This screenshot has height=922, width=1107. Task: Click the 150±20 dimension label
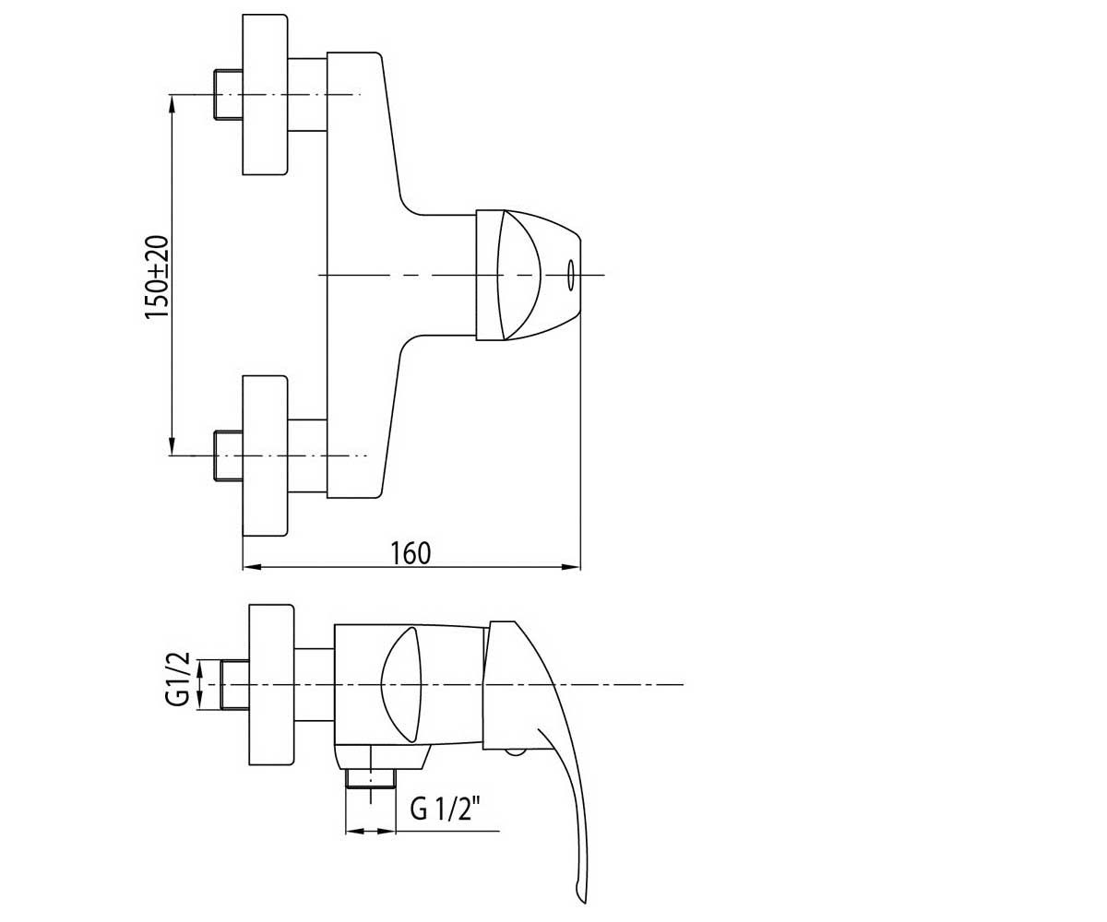coord(158,277)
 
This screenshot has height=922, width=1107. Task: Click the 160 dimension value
coord(411,553)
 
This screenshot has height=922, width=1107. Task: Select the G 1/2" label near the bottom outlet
coord(445,810)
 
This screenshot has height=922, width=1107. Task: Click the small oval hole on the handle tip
coord(570,275)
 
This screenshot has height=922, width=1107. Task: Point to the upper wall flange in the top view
coord(265,94)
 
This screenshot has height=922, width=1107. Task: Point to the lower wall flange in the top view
coord(265,456)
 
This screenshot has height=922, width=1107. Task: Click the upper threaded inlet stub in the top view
coord(228,94)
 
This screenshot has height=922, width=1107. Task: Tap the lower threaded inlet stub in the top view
coord(228,455)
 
